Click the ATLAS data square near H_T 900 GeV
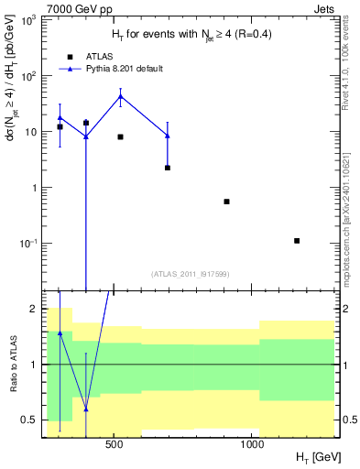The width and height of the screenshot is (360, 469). [226, 202]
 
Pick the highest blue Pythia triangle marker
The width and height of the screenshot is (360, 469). [120, 96]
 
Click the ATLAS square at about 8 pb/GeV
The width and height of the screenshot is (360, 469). [120, 136]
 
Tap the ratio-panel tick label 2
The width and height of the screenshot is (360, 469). [33, 310]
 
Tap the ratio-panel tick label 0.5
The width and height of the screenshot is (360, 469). [29, 420]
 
